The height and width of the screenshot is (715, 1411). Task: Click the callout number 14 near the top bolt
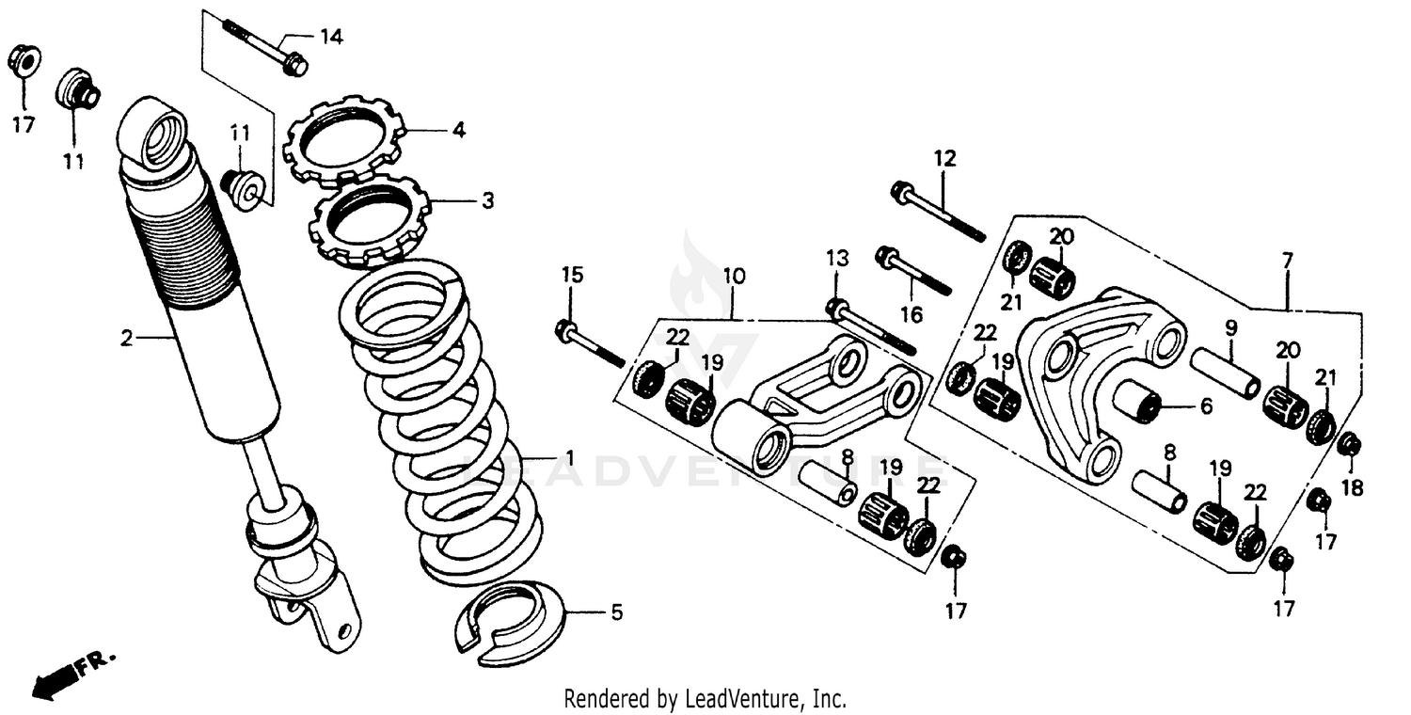click(330, 38)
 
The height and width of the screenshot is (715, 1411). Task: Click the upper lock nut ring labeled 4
click(342, 142)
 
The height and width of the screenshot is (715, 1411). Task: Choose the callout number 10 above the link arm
click(734, 277)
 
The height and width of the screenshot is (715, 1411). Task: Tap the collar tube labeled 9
click(1225, 373)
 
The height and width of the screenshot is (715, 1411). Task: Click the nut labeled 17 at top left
click(23, 62)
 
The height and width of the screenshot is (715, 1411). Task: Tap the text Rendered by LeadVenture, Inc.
click(705, 699)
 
